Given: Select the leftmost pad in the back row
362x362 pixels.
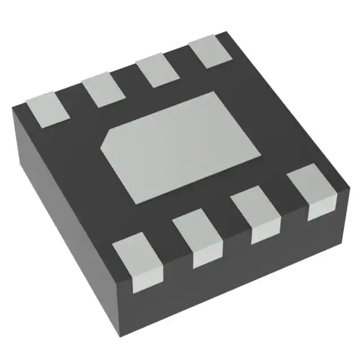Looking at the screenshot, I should [x=48, y=107].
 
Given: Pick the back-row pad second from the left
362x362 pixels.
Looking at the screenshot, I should [x=104, y=90].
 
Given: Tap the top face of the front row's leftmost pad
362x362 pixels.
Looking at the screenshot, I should [x=135, y=252].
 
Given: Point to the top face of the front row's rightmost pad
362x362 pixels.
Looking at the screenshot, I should [x=309, y=187].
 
